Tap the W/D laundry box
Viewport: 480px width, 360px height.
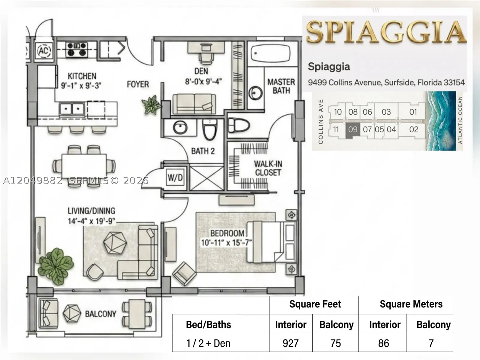[175, 178]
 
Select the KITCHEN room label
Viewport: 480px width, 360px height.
[82, 76]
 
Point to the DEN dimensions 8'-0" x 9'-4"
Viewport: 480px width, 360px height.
[203, 82]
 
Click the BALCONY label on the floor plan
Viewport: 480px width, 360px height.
[100, 314]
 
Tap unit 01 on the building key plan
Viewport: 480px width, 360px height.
[413, 112]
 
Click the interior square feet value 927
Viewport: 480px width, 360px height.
[291, 343]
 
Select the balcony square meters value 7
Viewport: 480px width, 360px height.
[431, 343]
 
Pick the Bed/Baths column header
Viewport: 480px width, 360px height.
[208, 325]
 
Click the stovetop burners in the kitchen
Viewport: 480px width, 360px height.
[76, 49]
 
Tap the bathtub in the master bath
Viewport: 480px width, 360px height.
[271, 53]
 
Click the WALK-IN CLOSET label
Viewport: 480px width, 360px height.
[268, 168]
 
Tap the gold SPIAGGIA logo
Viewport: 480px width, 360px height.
[386, 31]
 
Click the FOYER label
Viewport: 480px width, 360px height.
[138, 84]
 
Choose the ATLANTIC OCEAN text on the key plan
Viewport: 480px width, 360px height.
[460, 120]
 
